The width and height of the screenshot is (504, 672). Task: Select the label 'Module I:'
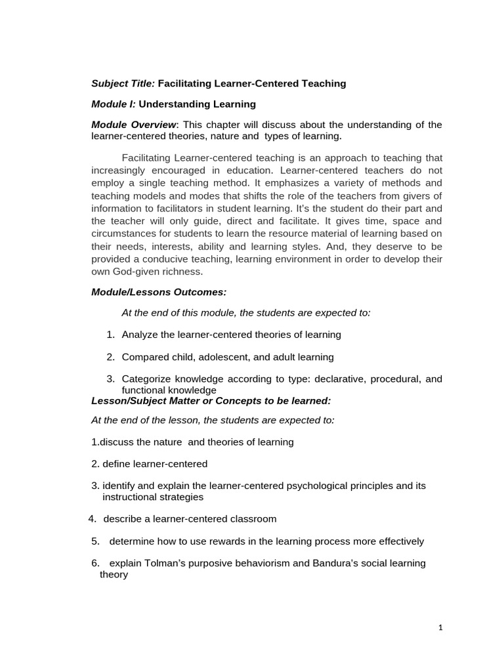[114, 104]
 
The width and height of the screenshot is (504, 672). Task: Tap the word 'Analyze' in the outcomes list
[140, 335]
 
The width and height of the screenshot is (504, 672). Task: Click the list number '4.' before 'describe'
[93, 519]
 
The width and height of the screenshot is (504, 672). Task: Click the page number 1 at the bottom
[441, 628]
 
